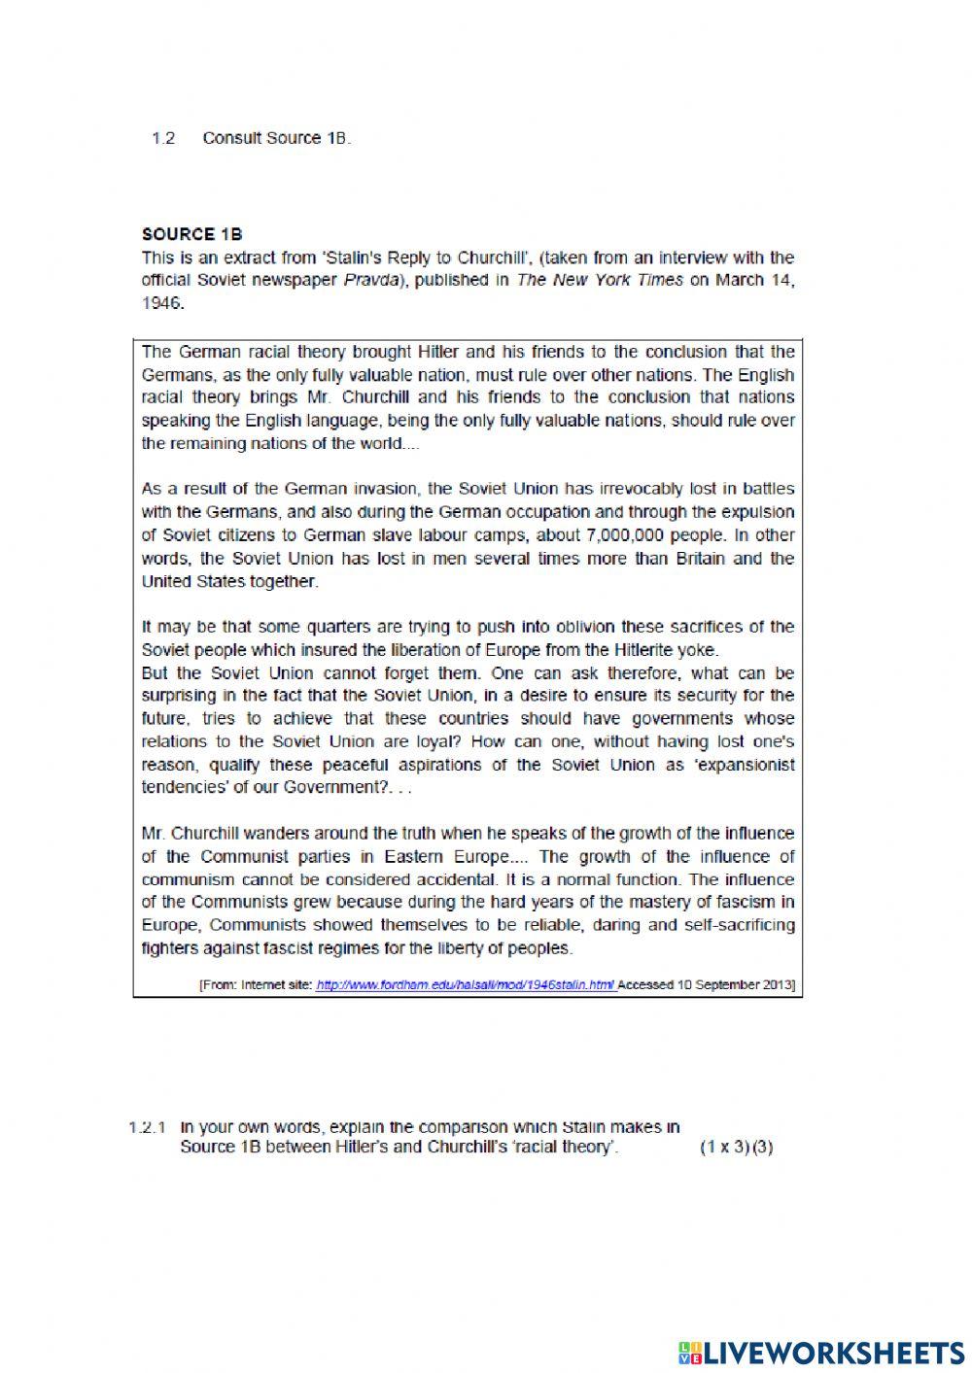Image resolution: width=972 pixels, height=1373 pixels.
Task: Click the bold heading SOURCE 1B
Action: [191, 234]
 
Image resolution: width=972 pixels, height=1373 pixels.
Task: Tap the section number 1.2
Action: [163, 138]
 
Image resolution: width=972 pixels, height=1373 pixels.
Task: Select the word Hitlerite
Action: [648, 650]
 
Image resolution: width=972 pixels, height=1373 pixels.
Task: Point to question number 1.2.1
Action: [148, 1128]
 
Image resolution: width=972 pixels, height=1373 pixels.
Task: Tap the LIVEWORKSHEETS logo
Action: [820, 1352]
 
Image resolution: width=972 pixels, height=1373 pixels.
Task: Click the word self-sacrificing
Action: [732, 925]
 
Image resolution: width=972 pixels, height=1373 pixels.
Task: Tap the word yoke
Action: [702, 650]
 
